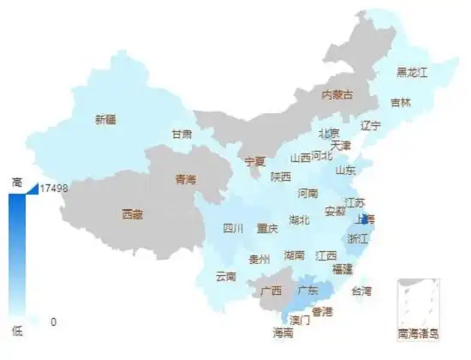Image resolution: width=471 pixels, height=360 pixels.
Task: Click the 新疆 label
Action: click(x=105, y=120)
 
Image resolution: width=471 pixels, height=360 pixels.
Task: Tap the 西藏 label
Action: click(x=133, y=213)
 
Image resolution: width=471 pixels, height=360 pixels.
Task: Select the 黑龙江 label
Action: click(x=412, y=73)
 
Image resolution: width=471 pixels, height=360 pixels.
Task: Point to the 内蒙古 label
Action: click(x=337, y=93)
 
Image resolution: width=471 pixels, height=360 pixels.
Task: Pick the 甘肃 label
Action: click(x=182, y=135)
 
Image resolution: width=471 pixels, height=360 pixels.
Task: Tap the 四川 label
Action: click(x=234, y=229)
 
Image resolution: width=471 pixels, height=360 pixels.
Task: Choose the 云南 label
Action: click(x=226, y=276)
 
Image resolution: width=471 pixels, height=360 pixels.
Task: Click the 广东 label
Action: click(x=308, y=290)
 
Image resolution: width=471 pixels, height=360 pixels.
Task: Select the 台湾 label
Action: click(x=362, y=291)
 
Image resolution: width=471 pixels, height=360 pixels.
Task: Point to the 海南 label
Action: click(x=283, y=333)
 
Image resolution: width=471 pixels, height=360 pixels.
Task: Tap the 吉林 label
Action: click(x=401, y=103)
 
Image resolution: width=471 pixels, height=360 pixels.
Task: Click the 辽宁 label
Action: click(x=370, y=125)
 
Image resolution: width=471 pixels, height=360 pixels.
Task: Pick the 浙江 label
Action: click(x=357, y=239)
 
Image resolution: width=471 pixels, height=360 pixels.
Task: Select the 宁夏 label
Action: click(x=255, y=161)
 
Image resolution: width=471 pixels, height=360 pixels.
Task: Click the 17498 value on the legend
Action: click(x=54, y=187)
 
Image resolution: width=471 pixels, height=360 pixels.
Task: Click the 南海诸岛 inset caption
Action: click(x=418, y=333)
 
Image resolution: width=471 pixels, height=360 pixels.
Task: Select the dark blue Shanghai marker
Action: click(x=365, y=219)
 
